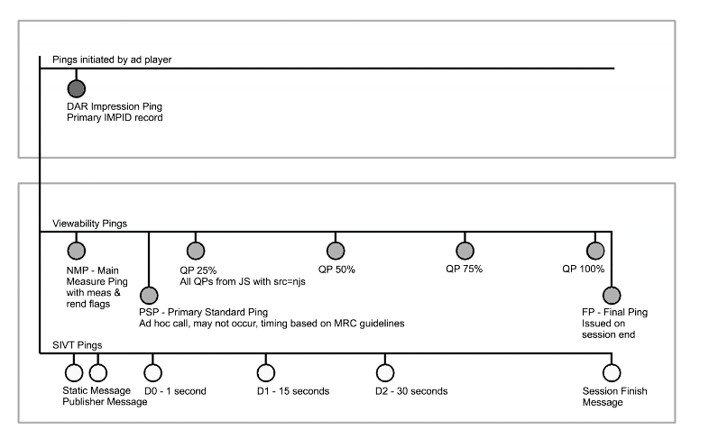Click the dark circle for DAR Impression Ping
pos(77,88)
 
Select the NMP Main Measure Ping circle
pos(77,251)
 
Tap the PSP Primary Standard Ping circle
pos(149,296)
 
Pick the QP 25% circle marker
pos(196,251)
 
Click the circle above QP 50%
pos(336,251)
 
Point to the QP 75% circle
pos(465,251)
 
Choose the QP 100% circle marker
pos(595,251)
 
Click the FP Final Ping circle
pos(612,296)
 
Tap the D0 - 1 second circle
pos(152,372)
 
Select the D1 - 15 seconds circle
pos(266,372)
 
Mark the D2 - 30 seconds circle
pos(385,372)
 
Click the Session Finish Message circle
pos(612,372)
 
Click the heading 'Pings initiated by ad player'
pos(112,59)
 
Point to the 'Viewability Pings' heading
pos(89,224)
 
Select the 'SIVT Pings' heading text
pos(78,345)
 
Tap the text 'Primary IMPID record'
pos(115,118)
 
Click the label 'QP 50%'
pos(336,270)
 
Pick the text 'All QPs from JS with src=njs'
pos(243,282)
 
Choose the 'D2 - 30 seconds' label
pos(411,391)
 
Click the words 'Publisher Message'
pos(105,402)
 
